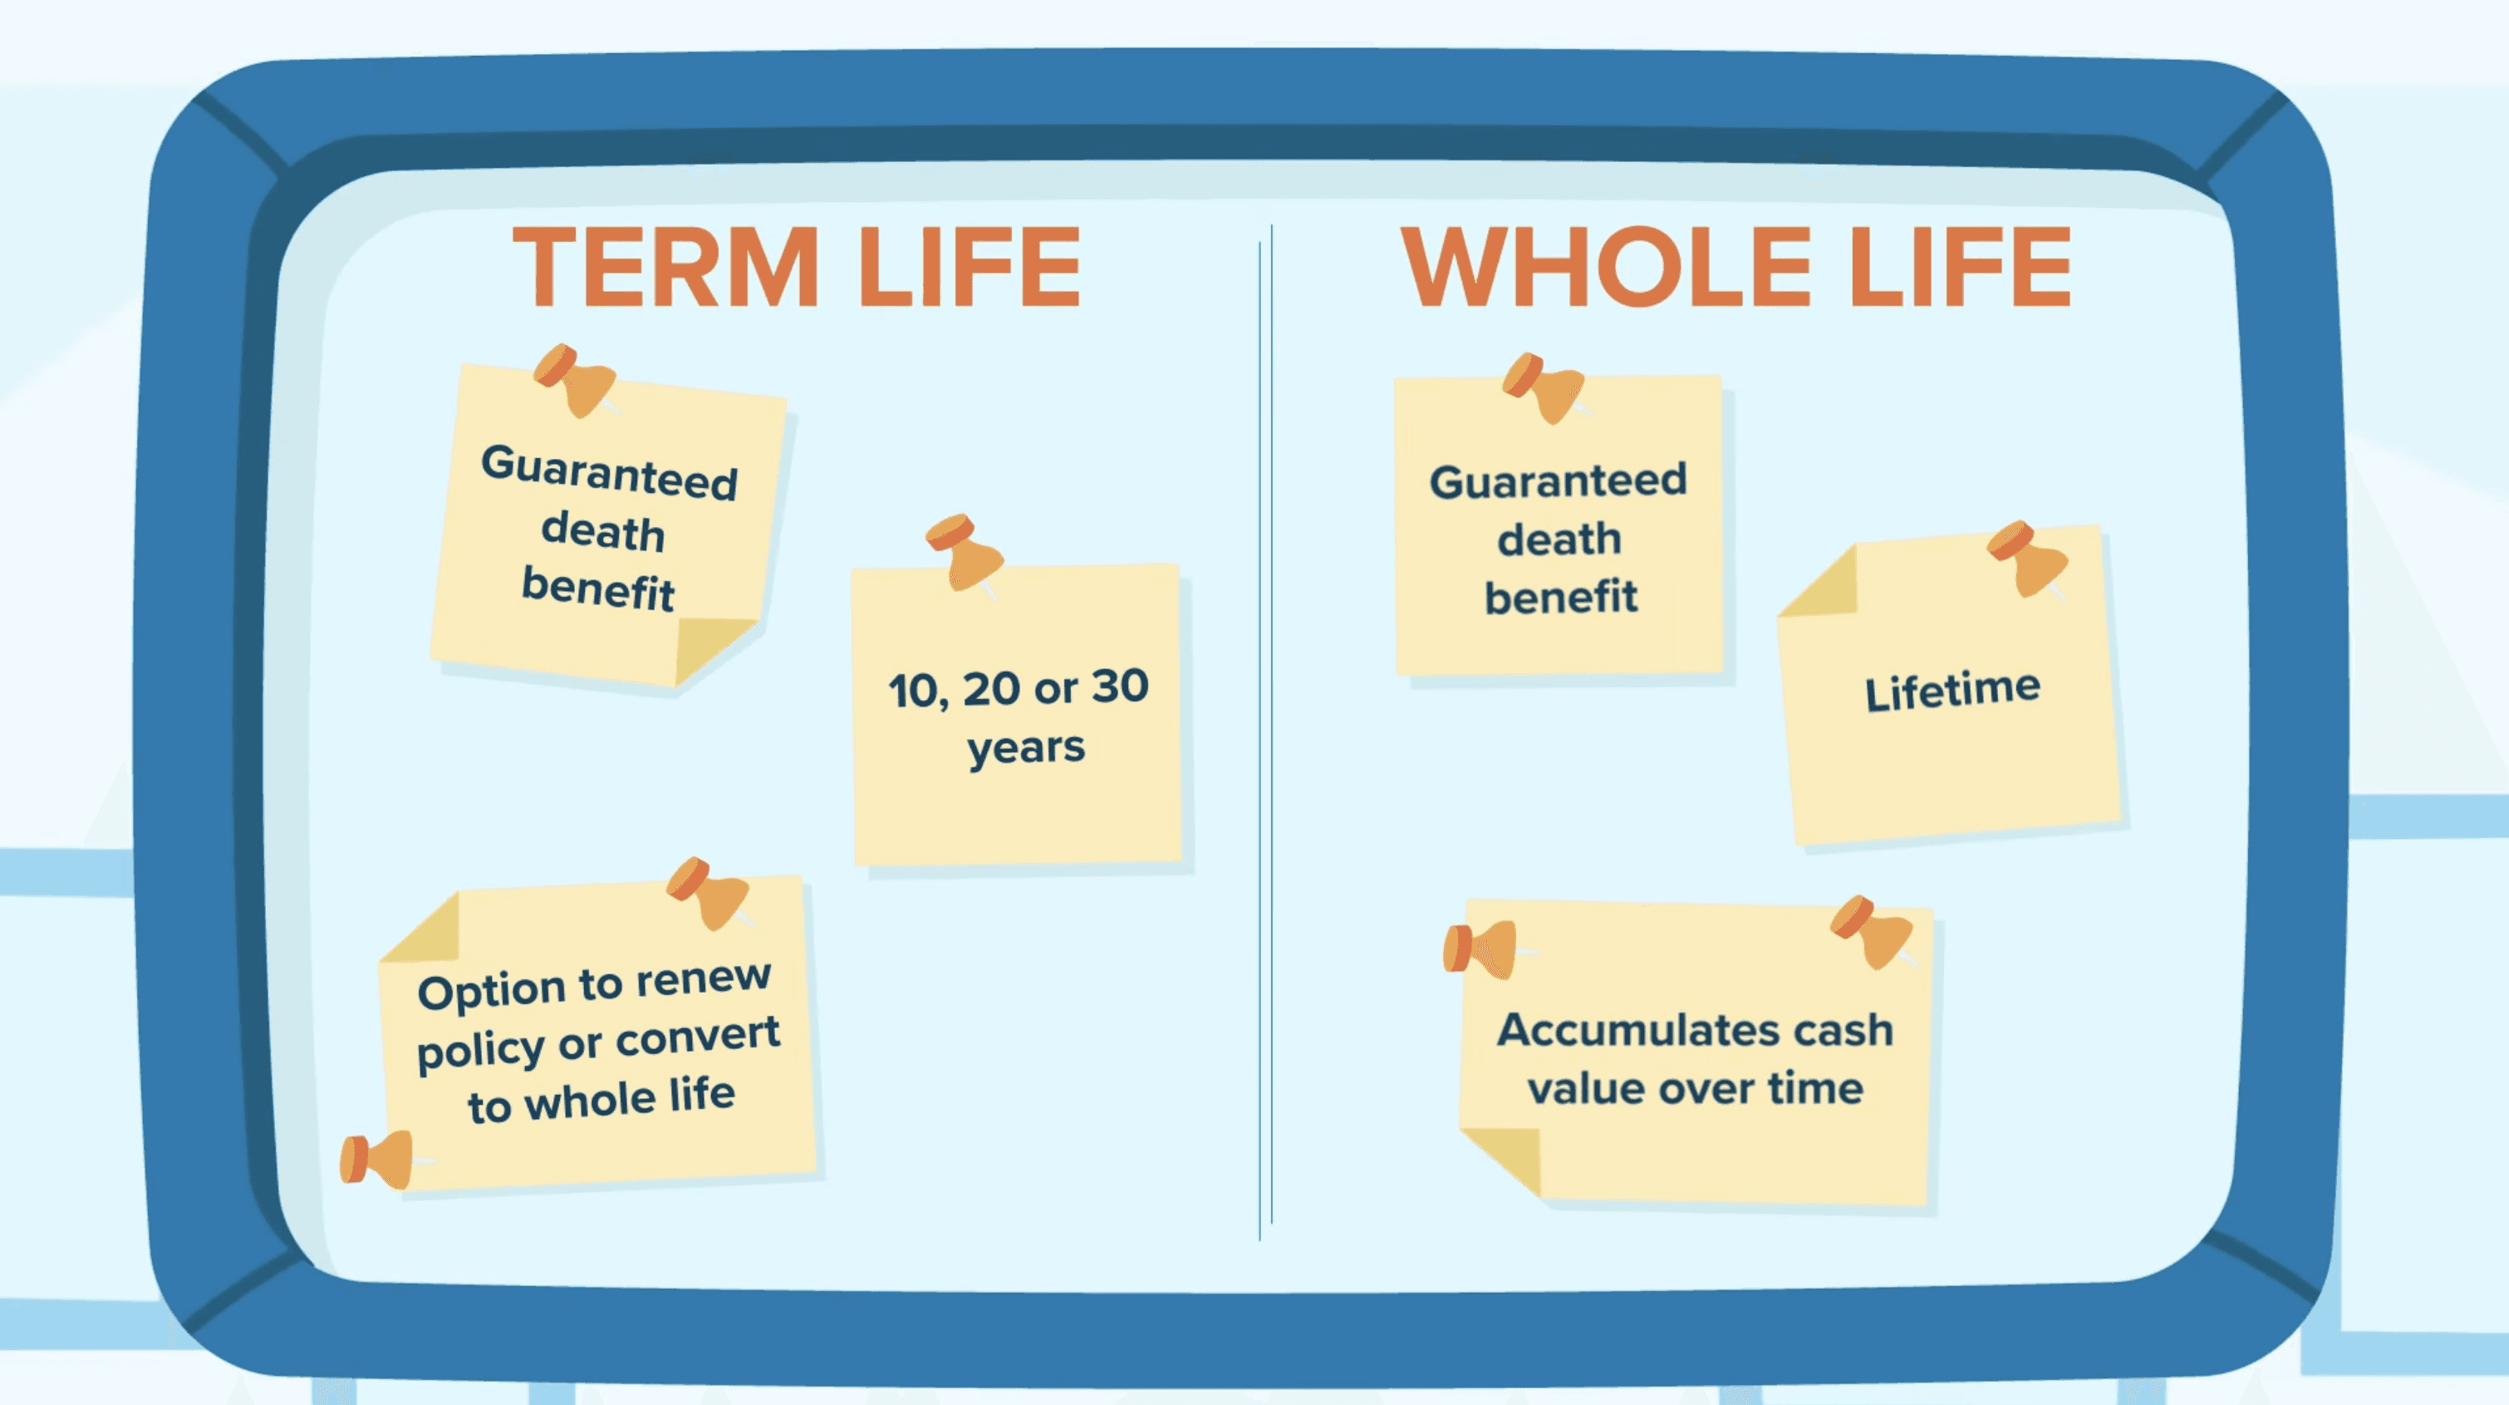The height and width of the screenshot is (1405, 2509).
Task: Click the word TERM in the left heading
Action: (x=665, y=267)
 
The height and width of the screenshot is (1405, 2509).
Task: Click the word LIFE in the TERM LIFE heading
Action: (x=969, y=267)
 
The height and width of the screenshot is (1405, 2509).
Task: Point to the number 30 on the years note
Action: (x=1120, y=686)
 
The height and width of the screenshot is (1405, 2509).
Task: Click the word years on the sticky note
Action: (x=1025, y=748)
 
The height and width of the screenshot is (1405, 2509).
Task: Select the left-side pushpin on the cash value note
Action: (x=1480, y=949)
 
